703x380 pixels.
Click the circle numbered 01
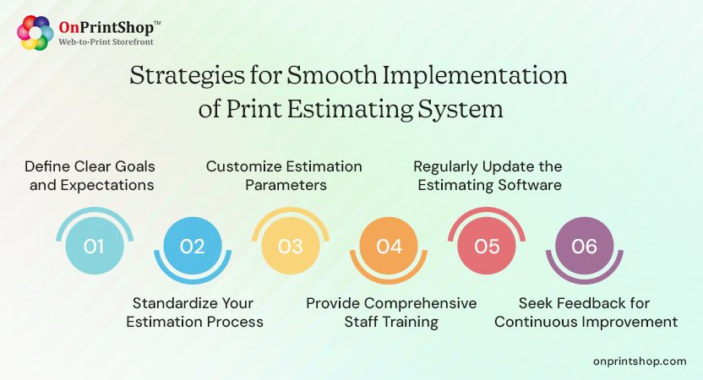(94, 246)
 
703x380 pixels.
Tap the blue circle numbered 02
(192, 246)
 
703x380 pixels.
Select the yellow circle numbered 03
(290, 246)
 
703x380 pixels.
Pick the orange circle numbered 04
(389, 246)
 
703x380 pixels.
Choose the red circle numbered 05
(487, 246)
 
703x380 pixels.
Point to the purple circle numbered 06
(584, 246)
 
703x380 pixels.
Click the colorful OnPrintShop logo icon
(35, 33)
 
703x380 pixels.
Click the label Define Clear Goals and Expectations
(90, 175)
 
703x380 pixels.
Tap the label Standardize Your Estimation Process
(194, 312)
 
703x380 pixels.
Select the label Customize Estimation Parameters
(284, 175)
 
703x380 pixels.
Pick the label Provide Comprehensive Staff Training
(391, 312)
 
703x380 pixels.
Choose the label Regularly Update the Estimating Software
(488, 175)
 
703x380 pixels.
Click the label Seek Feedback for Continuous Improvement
(586, 312)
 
